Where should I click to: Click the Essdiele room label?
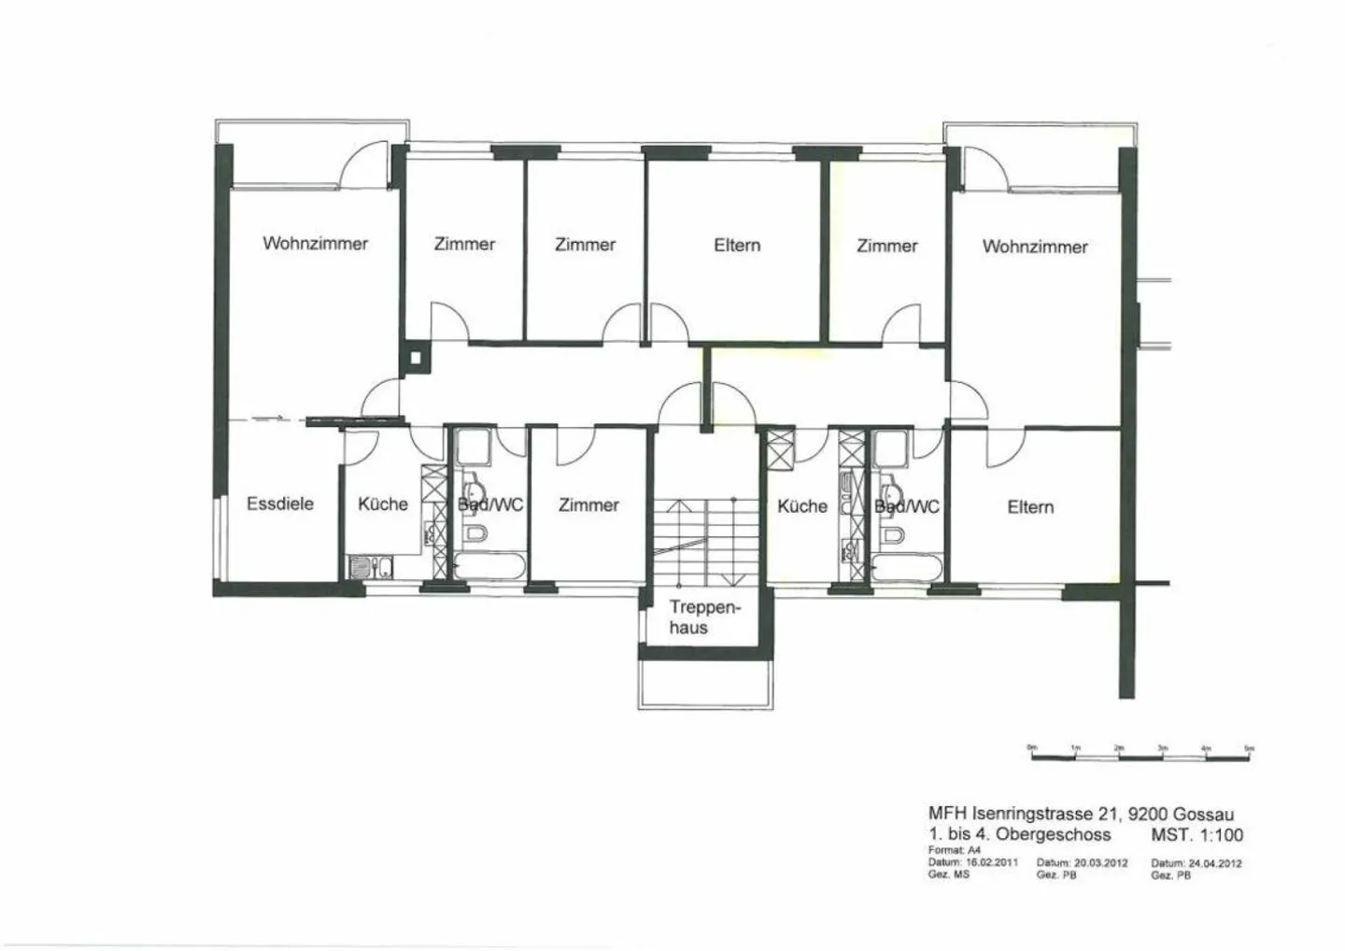tap(279, 504)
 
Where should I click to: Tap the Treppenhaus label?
tap(703, 617)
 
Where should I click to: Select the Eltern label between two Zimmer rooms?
tap(737, 245)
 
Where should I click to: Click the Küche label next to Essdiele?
tap(383, 504)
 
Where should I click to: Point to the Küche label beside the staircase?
tap(802, 505)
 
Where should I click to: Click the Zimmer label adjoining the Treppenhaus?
tap(588, 504)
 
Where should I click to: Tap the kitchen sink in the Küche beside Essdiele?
tap(371, 566)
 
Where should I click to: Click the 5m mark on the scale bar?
tap(1249, 748)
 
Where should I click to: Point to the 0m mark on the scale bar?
tap(1032, 748)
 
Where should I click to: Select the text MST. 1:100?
tap(1196, 835)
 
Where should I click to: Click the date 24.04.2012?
tap(1214, 863)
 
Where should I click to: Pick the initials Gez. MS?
tap(948, 875)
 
